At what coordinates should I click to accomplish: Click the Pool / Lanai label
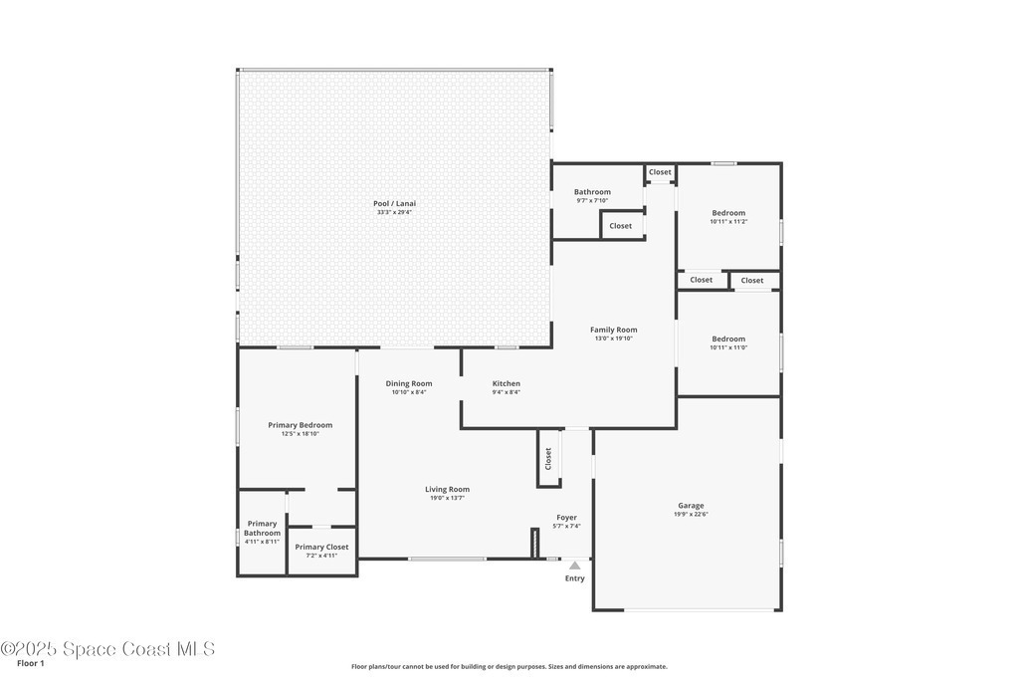click(394, 203)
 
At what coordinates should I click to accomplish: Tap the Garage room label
click(691, 505)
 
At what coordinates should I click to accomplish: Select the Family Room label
click(613, 330)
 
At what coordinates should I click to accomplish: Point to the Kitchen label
click(507, 383)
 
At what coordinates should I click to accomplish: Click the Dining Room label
click(409, 383)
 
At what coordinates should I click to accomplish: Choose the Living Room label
click(447, 490)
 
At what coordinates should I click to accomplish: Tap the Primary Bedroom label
click(301, 425)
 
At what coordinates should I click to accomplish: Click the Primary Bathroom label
click(263, 528)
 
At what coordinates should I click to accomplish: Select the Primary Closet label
click(321, 547)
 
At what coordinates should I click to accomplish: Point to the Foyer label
click(566, 518)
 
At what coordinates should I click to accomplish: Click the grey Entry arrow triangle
click(574, 566)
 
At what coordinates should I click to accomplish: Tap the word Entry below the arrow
click(575, 578)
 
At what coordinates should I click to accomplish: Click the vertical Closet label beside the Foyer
click(548, 458)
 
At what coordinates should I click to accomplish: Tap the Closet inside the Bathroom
click(621, 226)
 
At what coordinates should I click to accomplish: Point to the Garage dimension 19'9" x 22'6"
click(691, 514)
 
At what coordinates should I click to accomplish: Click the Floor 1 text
click(31, 664)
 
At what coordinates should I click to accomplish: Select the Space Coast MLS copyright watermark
click(107, 649)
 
